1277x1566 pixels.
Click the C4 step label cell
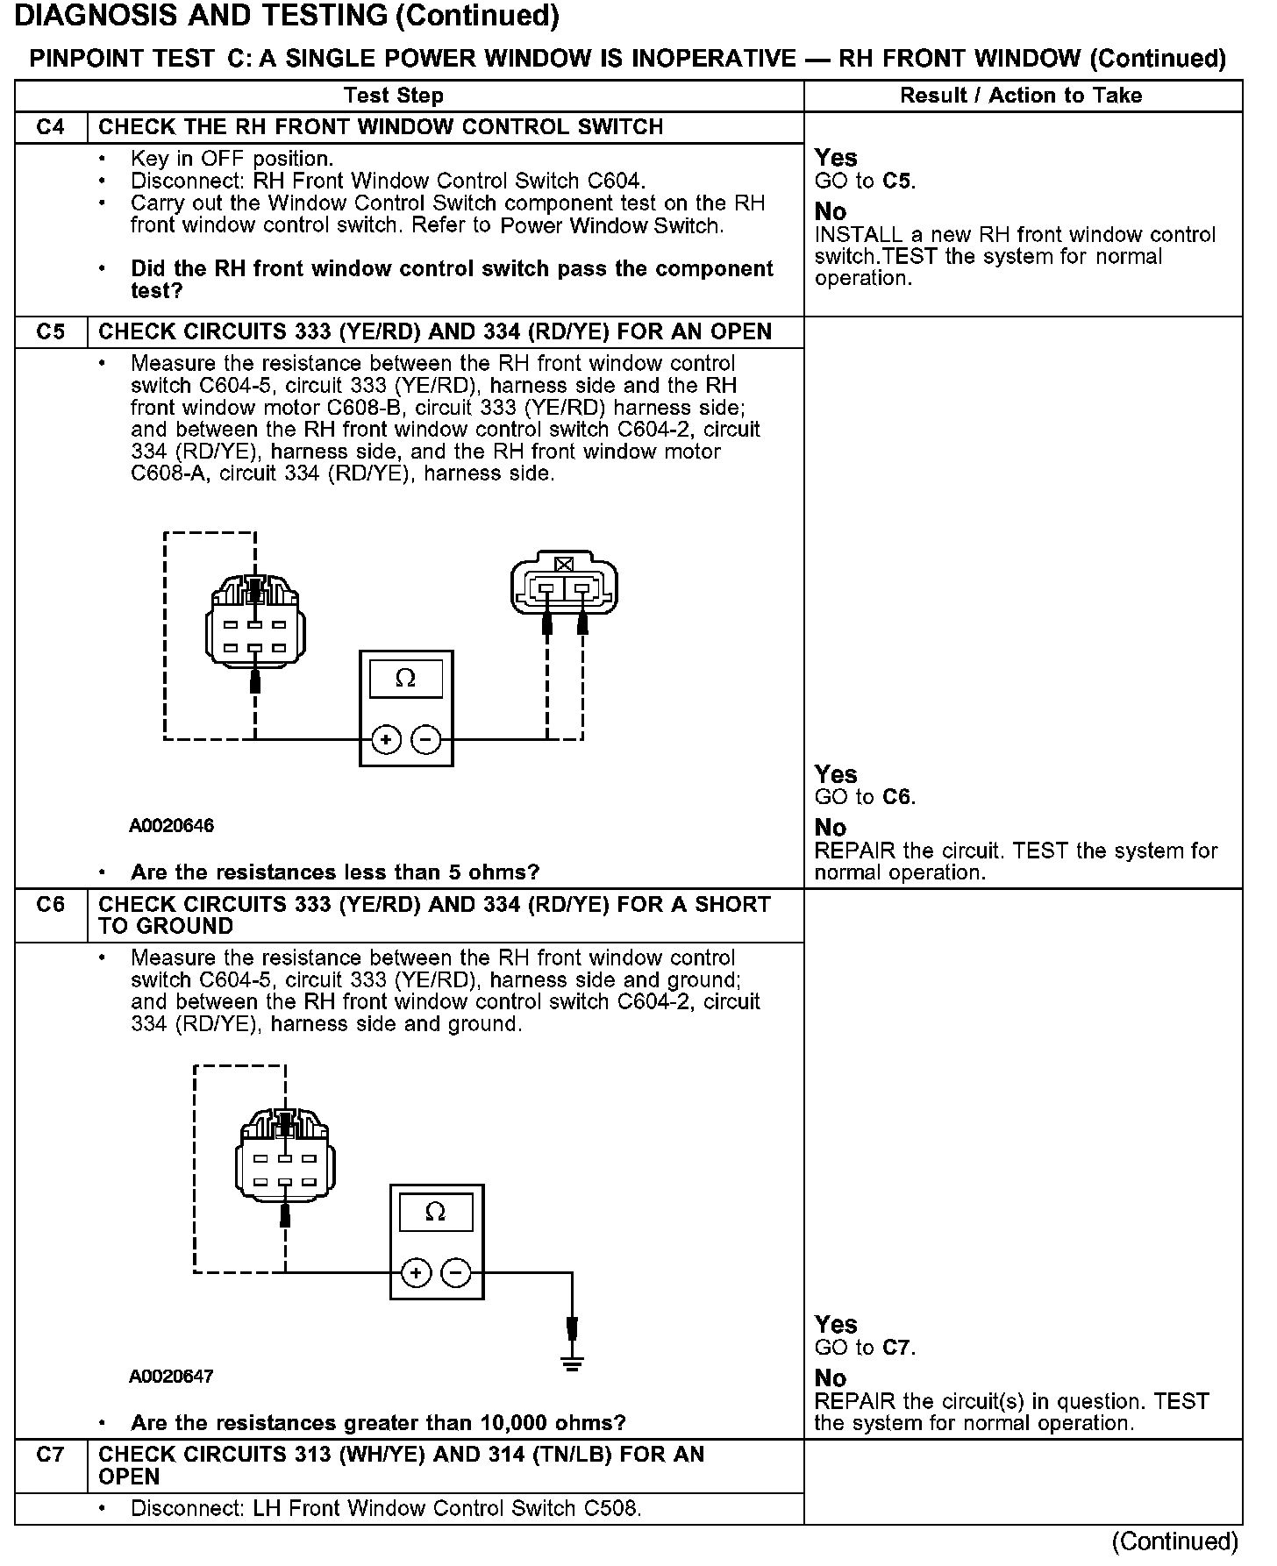[51, 127]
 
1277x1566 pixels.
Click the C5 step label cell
[51, 332]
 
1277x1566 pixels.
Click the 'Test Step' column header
[394, 96]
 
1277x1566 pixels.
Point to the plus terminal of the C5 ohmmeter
[387, 740]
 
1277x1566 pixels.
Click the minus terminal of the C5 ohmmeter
[426, 740]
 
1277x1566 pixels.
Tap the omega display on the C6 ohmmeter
[435, 1212]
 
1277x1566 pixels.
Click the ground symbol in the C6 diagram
[572, 1362]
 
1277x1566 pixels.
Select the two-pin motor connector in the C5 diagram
[564, 582]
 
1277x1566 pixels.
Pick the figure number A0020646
[172, 826]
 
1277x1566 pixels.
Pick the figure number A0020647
[172, 1376]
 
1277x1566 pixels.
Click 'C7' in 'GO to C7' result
[898, 1348]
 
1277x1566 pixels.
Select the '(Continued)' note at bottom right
[1174, 1541]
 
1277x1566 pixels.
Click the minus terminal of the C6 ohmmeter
[456, 1273]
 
